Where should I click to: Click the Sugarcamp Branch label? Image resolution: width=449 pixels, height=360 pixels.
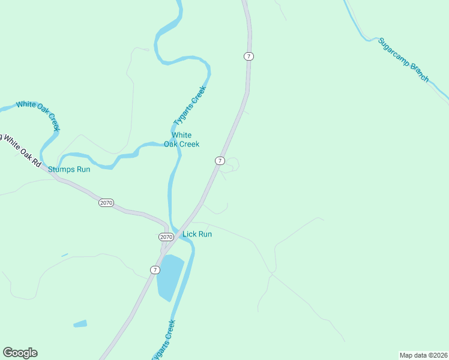[x=404, y=60]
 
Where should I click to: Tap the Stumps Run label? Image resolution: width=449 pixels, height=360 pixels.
[x=69, y=169]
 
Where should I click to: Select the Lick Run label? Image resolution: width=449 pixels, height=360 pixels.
[x=197, y=234]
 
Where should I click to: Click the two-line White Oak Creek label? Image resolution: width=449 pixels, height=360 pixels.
[x=182, y=140]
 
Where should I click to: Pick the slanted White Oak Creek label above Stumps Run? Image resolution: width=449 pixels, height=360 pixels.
[x=38, y=115]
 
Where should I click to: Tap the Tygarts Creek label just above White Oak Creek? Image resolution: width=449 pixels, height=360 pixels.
[x=190, y=106]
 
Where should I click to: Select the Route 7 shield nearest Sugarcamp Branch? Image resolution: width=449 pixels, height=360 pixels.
[x=249, y=56]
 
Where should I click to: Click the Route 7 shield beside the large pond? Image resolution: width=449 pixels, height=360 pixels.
[x=155, y=270]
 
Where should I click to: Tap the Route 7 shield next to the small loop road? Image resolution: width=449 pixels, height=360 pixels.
[x=220, y=161]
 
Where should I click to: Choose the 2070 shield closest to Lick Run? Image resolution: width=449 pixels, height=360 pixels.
[x=166, y=237]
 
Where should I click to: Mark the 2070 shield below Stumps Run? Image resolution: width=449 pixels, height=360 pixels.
[x=106, y=203]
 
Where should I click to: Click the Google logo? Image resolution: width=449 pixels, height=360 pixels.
[x=20, y=353]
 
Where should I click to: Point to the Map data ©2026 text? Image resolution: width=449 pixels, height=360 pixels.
[x=423, y=355]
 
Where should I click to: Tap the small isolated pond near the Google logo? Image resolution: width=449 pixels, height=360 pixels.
[x=80, y=324]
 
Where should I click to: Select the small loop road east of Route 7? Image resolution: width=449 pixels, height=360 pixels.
[x=232, y=164]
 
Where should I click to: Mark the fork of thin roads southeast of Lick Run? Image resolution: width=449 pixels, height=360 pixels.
[x=271, y=274]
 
